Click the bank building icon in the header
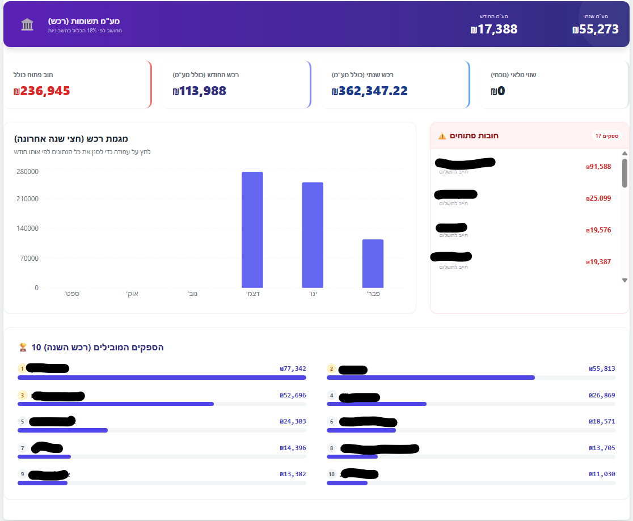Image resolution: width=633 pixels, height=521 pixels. pos(27,24)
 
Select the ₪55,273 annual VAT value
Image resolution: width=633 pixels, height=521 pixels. pos(596,29)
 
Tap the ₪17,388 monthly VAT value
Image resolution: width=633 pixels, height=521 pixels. pos(494,29)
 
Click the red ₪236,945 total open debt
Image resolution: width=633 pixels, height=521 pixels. pos(41,91)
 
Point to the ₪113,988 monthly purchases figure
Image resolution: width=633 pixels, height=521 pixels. pos(200,91)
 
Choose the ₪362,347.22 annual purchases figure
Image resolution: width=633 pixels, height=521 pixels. pos(370,91)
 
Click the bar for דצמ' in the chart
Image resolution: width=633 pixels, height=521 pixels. pos(252,230)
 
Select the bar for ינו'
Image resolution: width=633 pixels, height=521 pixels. pos(313,235)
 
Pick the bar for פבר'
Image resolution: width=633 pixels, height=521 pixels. pos(373,264)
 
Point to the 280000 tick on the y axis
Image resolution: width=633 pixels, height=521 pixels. pos(27,172)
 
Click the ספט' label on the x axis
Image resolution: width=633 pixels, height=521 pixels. pos(71,294)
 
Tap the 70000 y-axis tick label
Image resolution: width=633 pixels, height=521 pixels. pos(29,259)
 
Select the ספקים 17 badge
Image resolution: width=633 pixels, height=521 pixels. pos(607,136)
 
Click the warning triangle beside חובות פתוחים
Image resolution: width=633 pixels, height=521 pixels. pos(442,136)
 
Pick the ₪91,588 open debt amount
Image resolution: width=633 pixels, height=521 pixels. pos(598,167)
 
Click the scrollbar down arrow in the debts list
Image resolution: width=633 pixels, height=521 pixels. pos(624,280)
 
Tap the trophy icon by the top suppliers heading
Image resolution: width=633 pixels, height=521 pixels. pos(23,347)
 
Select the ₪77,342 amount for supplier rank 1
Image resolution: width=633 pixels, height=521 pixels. pos(293,368)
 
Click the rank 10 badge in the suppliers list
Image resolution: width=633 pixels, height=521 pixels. pos(332,474)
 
